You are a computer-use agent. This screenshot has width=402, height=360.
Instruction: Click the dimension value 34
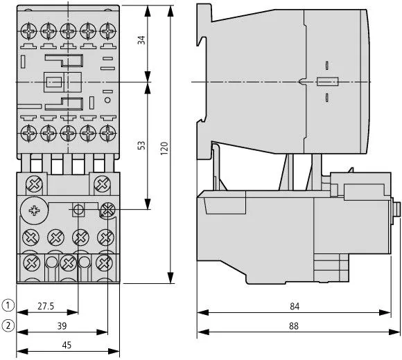(x=142, y=39)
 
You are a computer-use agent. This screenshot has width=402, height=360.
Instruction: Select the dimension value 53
(x=142, y=145)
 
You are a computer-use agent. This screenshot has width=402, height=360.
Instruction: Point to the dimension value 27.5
(x=46, y=305)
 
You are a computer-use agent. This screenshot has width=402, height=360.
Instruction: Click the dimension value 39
(x=62, y=325)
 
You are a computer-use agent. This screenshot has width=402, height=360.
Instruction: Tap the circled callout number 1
(x=8, y=305)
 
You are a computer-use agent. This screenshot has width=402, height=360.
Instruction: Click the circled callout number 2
(x=8, y=325)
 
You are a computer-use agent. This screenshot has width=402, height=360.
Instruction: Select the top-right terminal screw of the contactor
(x=107, y=31)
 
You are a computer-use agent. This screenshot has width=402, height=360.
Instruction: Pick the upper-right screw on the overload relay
(x=102, y=183)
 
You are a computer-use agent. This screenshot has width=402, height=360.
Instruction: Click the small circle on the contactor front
(x=107, y=101)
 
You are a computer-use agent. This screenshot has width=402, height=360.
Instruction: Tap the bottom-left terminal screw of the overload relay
(x=30, y=263)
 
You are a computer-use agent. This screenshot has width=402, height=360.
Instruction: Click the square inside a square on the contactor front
(x=53, y=82)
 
